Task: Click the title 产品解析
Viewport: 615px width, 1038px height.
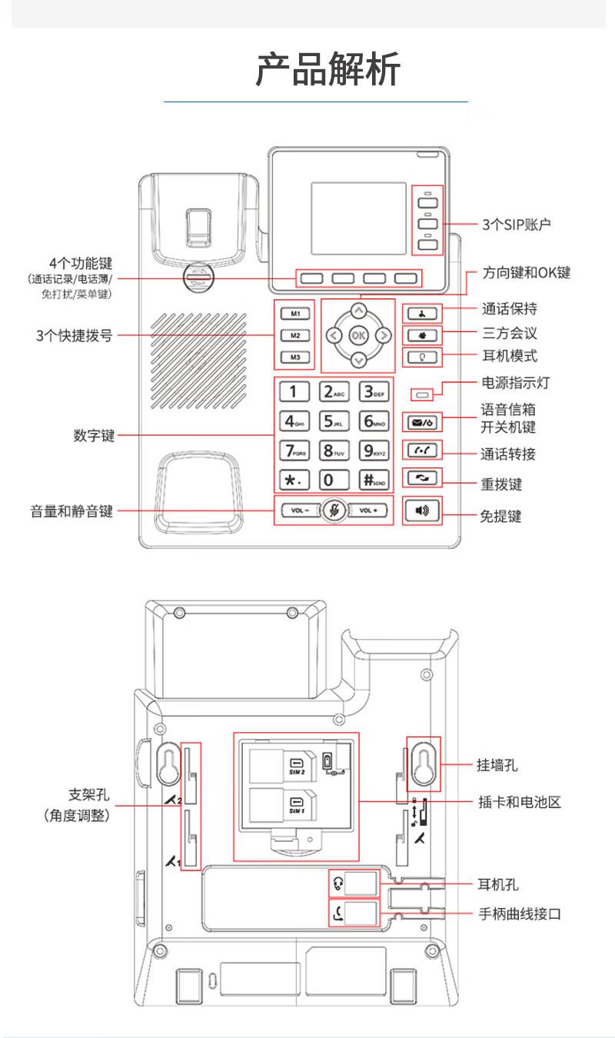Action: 328,70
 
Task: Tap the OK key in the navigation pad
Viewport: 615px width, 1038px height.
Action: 358,335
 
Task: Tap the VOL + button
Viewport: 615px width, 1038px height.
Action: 371,511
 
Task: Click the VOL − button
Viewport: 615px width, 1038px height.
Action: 298,511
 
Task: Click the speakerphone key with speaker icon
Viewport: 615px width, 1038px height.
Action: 422,511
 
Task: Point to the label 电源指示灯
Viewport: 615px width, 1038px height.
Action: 515,383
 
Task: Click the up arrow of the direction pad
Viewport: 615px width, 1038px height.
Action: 358,311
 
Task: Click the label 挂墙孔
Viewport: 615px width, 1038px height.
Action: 497,765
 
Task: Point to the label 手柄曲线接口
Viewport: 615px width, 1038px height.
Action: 520,914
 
